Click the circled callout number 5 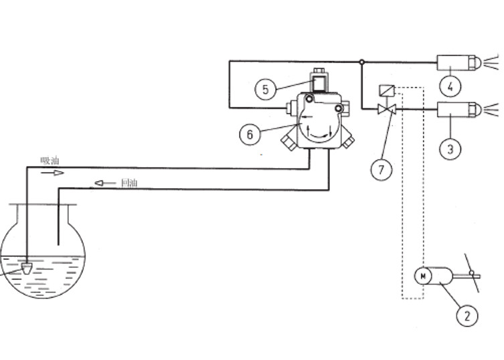pos(266,90)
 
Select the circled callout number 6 pos(250,134)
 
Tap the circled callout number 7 pos(382,169)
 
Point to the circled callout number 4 pos(450,86)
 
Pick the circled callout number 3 pos(450,149)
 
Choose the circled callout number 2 pos(467,316)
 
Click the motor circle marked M pos(423,276)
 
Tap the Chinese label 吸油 pos(50,161)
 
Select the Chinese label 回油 pos(129,183)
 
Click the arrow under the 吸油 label pos(52,173)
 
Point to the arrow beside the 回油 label pos(105,183)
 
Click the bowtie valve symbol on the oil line pos(387,109)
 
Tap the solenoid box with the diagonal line pos(387,90)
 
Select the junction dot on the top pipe pos(362,62)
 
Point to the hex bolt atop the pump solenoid pos(319,70)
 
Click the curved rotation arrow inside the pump pos(319,136)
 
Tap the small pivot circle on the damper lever pos(471,273)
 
